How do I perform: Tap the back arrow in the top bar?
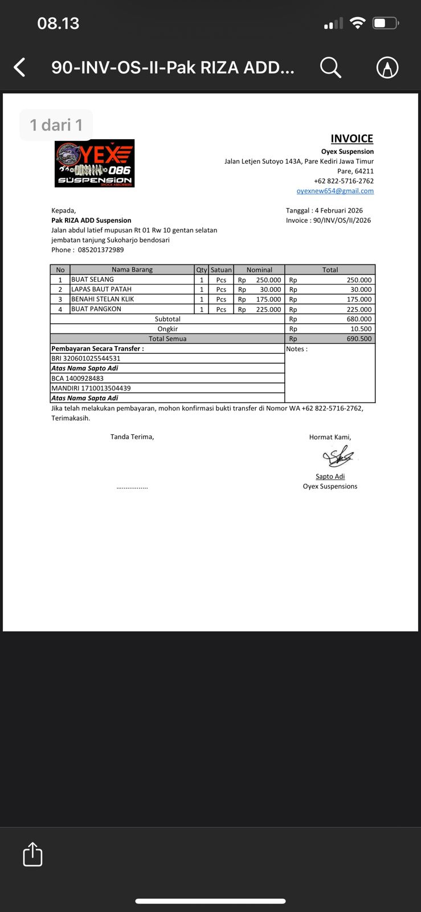(20, 67)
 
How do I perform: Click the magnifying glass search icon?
(330, 67)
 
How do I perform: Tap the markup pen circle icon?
(387, 67)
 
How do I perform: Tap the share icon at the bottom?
(32, 854)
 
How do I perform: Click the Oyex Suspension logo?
(95, 164)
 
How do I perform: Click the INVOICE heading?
(351, 139)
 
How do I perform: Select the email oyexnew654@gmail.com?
(335, 191)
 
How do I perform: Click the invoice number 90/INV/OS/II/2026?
(342, 220)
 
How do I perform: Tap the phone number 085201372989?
(101, 250)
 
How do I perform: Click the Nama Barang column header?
(132, 270)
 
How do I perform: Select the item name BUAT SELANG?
(92, 279)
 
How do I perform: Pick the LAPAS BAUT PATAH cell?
(101, 289)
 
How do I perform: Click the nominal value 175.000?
(268, 299)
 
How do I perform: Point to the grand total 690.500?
(359, 339)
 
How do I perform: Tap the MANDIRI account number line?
(91, 388)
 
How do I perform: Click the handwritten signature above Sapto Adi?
(338, 457)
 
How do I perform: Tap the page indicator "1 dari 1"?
(56, 125)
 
